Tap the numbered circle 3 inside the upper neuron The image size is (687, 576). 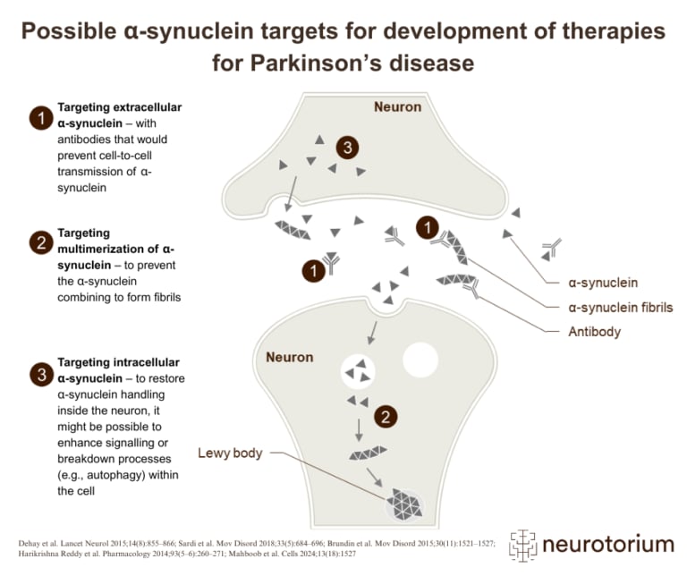(347, 148)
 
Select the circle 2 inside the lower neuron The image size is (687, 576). (384, 417)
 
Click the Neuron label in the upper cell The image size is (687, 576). (397, 107)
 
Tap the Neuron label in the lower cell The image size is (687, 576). (291, 358)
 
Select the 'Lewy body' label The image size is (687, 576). (230, 453)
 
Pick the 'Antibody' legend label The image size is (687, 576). (594, 331)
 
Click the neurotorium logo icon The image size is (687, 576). (526, 543)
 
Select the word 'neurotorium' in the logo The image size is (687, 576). (609, 544)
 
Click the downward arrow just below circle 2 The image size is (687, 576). (360, 433)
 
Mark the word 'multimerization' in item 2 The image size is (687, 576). (106, 248)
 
